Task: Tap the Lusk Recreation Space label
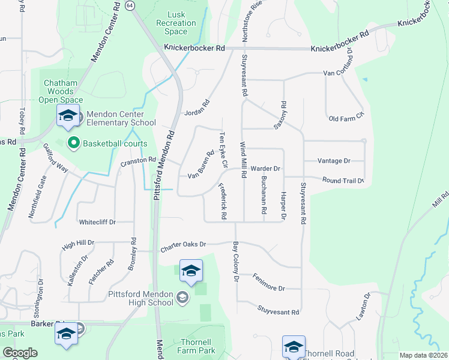[176, 23]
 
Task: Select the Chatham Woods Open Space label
[61, 91]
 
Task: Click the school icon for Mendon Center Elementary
[68, 117]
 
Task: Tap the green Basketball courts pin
[74, 143]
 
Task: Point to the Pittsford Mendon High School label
[133, 298]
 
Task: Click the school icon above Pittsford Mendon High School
[191, 271]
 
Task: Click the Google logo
[19, 353]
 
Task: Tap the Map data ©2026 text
[424, 355]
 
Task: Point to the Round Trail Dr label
[343, 180]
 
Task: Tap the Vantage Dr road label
[334, 161]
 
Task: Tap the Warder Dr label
[265, 169]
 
